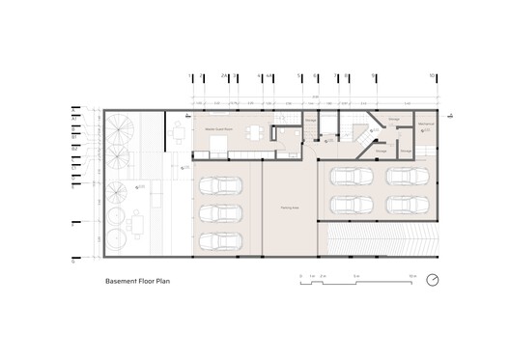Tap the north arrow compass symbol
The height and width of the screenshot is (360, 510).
pyautogui.click(x=433, y=281)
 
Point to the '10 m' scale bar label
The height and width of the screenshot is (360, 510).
pyautogui.click(x=411, y=275)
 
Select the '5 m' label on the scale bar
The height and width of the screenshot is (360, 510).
pyautogui.click(x=355, y=275)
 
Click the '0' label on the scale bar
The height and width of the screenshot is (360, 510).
pyautogui.click(x=300, y=275)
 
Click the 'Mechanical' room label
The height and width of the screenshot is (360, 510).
pyautogui.click(x=425, y=125)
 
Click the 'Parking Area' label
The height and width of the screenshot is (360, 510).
pyautogui.click(x=290, y=207)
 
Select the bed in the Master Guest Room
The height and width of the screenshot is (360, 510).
pyautogui.click(x=218, y=146)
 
